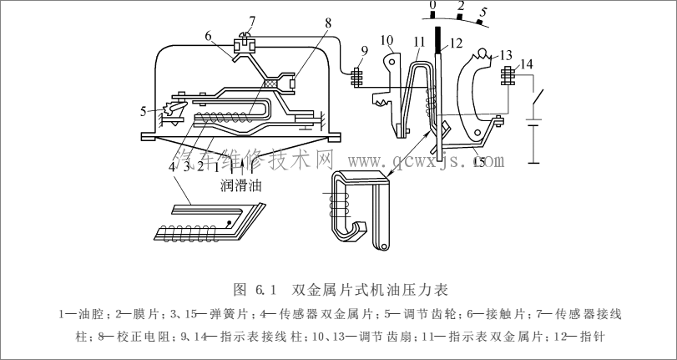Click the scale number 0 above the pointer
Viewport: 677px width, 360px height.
click(x=432, y=7)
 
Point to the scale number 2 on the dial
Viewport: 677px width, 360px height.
click(x=461, y=6)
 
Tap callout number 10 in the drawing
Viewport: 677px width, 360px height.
click(x=386, y=41)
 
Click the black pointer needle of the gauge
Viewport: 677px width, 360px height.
click(x=437, y=40)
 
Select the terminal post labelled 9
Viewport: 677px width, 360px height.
click(x=356, y=77)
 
